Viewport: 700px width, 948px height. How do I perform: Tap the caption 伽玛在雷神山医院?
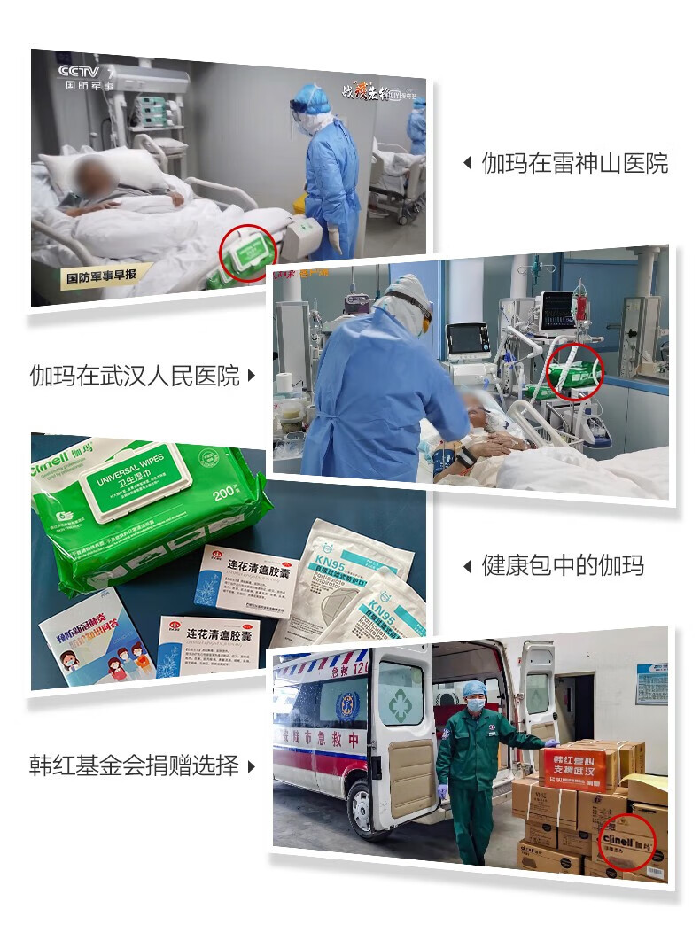pos(574,163)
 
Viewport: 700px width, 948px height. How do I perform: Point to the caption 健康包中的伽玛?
pos(563,565)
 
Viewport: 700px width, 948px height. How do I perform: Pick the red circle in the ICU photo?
pos(572,373)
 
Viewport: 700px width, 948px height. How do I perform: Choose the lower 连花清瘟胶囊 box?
pos(209,642)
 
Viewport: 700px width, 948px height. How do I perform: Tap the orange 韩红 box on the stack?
pos(578,767)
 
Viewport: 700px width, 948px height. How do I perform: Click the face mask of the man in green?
pos(476,704)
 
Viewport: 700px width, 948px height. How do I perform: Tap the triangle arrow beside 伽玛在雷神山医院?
pos(468,163)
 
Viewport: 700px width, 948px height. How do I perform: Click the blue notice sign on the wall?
pos(651,683)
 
